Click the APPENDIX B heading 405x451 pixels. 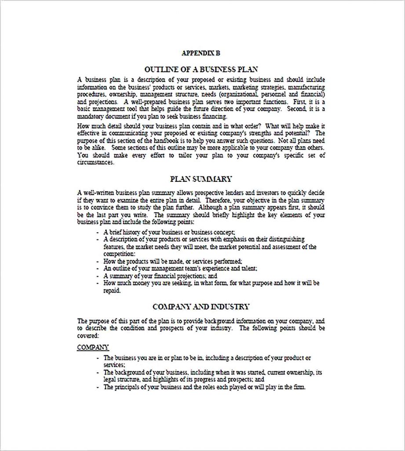(x=201, y=53)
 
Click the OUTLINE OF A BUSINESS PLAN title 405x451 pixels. (x=201, y=69)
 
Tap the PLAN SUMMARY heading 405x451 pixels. (x=201, y=179)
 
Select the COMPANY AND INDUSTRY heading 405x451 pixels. (x=201, y=306)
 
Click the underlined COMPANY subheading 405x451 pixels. (x=93, y=347)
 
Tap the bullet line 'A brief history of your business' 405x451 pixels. (x=169, y=232)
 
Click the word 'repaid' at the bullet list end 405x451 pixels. (x=112, y=290)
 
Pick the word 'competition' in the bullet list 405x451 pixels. (x=119, y=254)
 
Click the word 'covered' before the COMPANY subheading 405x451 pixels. (x=88, y=335)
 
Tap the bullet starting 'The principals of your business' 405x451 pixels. (x=204, y=387)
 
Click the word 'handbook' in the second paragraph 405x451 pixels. (x=162, y=140)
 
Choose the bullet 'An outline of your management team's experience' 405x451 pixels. (x=180, y=268)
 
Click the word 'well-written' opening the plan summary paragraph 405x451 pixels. (x=99, y=193)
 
